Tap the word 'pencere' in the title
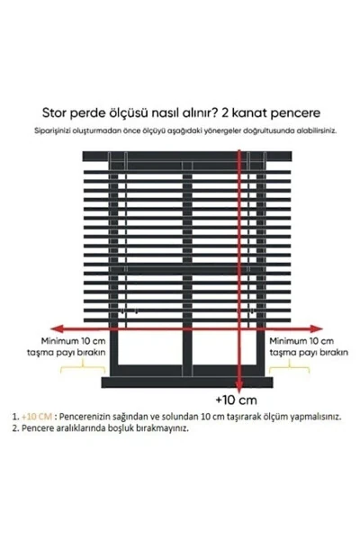click(292, 114)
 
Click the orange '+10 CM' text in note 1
click(40, 417)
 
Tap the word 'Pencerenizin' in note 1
click(85, 417)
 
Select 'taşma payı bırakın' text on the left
click(74, 354)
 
